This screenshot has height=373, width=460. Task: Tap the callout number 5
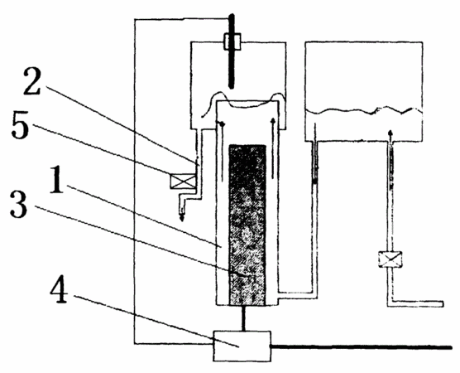[20, 125]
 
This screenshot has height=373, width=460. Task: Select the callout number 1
[56, 179]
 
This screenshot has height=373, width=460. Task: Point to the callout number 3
[18, 204]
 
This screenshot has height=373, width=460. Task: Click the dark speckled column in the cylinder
[247, 225]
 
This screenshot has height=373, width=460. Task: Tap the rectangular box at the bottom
[242, 346]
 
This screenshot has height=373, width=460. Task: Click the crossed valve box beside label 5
[183, 181]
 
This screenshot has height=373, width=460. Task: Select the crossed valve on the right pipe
[390, 259]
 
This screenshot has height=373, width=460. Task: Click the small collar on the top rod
[232, 41]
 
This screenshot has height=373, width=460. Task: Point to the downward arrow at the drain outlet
[182, 214]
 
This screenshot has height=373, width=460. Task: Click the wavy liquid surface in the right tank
[364, 111]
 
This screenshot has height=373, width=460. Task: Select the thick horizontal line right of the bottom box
[362, 347]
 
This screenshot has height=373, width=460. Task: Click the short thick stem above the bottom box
[243, 318]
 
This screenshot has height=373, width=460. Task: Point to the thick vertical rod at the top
[232, 51]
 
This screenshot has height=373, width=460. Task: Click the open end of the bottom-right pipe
[442, 304]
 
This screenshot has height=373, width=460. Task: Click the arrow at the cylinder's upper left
[222, 124]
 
